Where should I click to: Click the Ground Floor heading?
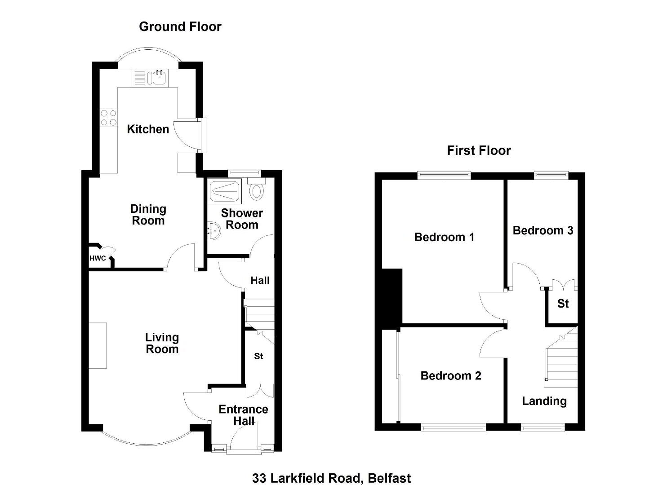pyautogui.click(x=180, y=27)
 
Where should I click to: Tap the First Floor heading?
pyautogui.click(x=479, y=150)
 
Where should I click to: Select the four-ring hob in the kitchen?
pyautogui.click(x=109, y=118)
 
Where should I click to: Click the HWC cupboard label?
pyautogui.click(x=98, y=258)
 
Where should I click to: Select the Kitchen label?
pyautogui.click(x=148, y=129)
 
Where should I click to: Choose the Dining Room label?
pyautogui.click(x=148, y=215)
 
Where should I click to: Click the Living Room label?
pyautogui.click(x=162, y=343)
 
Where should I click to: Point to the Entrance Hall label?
pyautogui.click(x=244, y=415)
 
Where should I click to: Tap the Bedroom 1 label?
pyautogui.click(x=444, y=237)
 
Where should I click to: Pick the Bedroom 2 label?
pyautogui.click(x=451, y=376)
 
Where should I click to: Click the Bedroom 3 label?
pyautogui.click(x=543, y=230)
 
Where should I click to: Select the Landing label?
pyautogui.click(x=544, y=401)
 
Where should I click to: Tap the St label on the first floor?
pyautogui.click(x=563, y=304)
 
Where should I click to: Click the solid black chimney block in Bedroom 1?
pyautogui.click(x=392, y=299)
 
